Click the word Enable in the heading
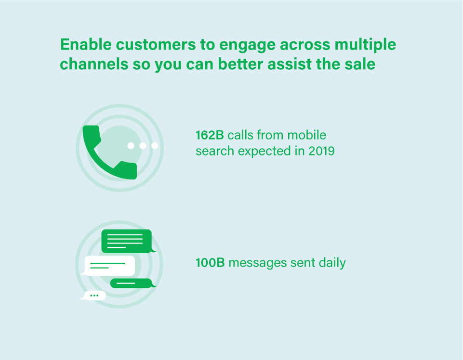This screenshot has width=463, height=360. (x=86, y=45)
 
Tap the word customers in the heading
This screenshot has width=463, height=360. (x=156, y=45)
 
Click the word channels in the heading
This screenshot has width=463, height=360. (x=94, y=64)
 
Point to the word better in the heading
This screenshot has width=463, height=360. (x=240, y=64)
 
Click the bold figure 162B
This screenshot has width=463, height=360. (x=210, y=135)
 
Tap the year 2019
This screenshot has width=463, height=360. (x=321, y=151)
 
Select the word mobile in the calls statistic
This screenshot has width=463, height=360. (x=307, y=135)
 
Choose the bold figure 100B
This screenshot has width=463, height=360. (x=210, y=263)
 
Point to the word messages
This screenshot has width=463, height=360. (x=257, y=263)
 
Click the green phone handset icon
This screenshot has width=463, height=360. (x=109, y=152)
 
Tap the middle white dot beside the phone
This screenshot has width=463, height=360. (x=143, y=145)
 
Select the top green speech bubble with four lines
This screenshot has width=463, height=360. (x=127, y=241)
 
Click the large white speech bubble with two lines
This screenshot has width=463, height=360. (x=109, y=266)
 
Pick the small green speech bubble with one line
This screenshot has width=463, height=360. (x=132, y=283)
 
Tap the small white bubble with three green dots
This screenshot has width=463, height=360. (x=94, y=296)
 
